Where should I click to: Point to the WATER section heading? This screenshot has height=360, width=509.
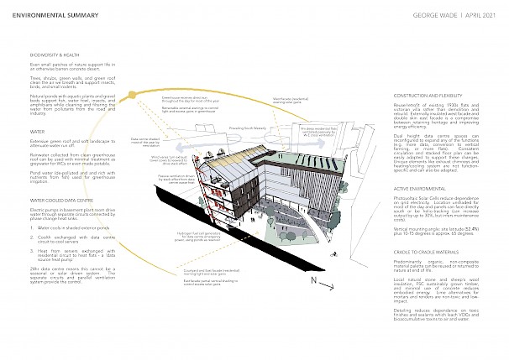38,131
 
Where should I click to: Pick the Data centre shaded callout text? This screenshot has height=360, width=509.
144,142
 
